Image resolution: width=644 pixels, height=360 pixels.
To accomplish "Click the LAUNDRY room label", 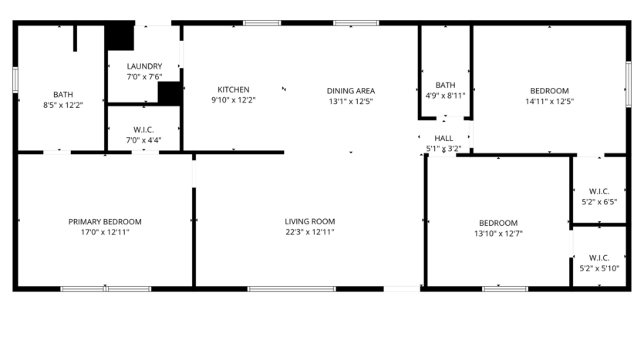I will (x=144, y=66).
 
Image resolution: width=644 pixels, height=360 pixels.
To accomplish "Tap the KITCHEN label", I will (x=233, y=89).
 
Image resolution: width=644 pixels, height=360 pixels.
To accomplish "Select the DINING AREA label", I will (x=351, y=90).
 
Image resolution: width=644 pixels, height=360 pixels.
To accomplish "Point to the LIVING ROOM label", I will (x=310, y=221).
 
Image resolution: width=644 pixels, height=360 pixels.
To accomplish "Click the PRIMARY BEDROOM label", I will (x=105, y=221).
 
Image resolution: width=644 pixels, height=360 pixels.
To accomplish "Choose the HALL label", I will (x=443, y=138).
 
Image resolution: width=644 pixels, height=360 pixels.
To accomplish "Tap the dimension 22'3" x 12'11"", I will (x=310, y=231).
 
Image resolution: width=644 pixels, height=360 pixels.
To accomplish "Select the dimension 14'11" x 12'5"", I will (x=549, y=100).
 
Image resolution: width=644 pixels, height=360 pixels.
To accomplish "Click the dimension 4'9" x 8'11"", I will (x=445, y=96).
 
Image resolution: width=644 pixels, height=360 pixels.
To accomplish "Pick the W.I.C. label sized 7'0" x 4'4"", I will (x=144, y=130).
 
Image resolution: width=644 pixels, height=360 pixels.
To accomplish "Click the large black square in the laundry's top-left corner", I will (x=120, y=37).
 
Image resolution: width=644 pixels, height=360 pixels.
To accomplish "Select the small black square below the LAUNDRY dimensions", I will (x=169, y=93).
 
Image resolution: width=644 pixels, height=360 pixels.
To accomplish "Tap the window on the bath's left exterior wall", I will (x=15, y=81).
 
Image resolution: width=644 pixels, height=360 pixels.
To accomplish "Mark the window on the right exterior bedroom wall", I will (x=628, y=85).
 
